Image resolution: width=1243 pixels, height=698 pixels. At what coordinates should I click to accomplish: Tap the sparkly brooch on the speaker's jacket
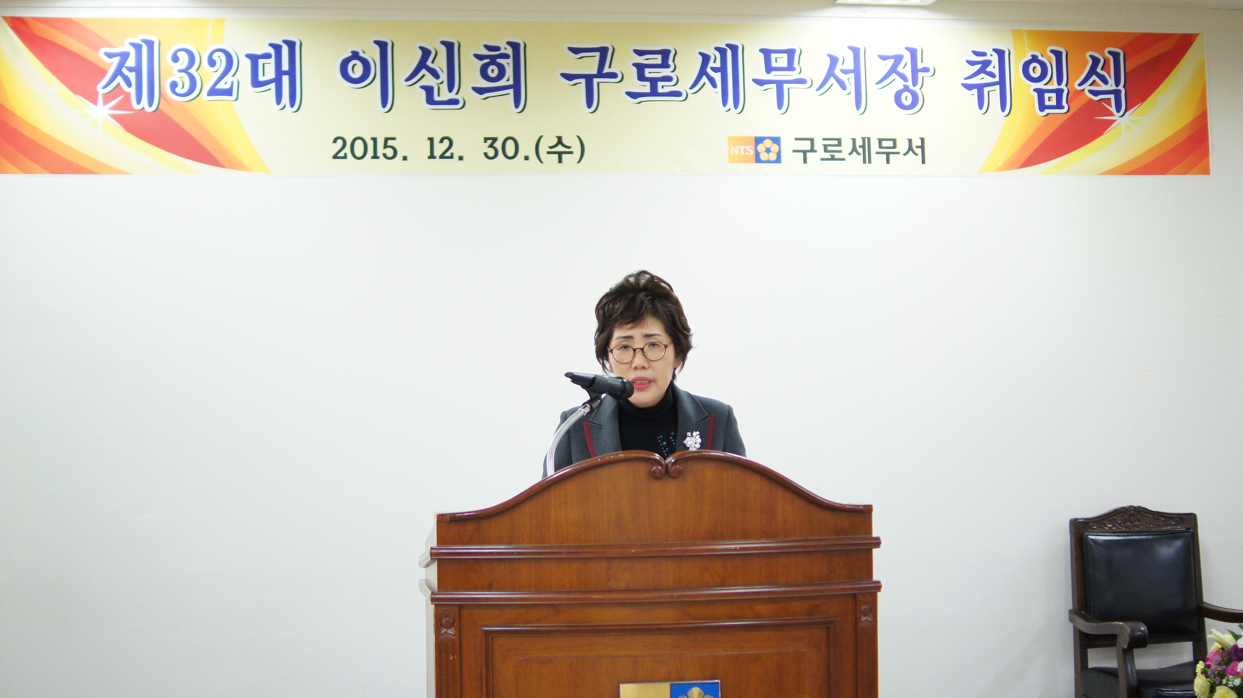[x=692, y=440]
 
